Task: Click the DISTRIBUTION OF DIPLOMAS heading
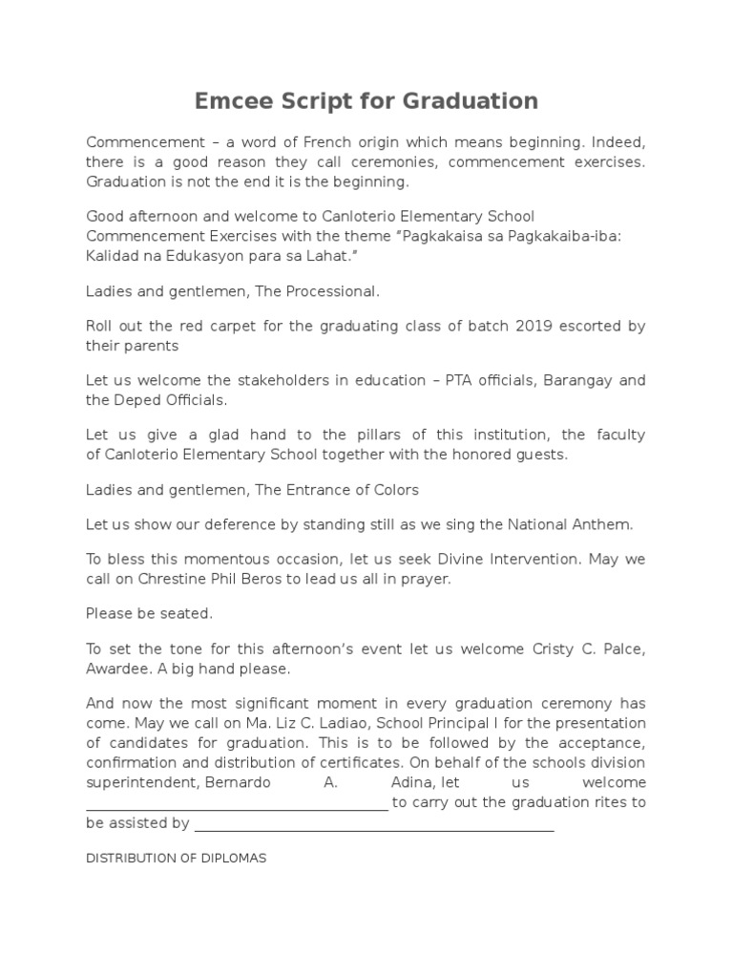[177, 858]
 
